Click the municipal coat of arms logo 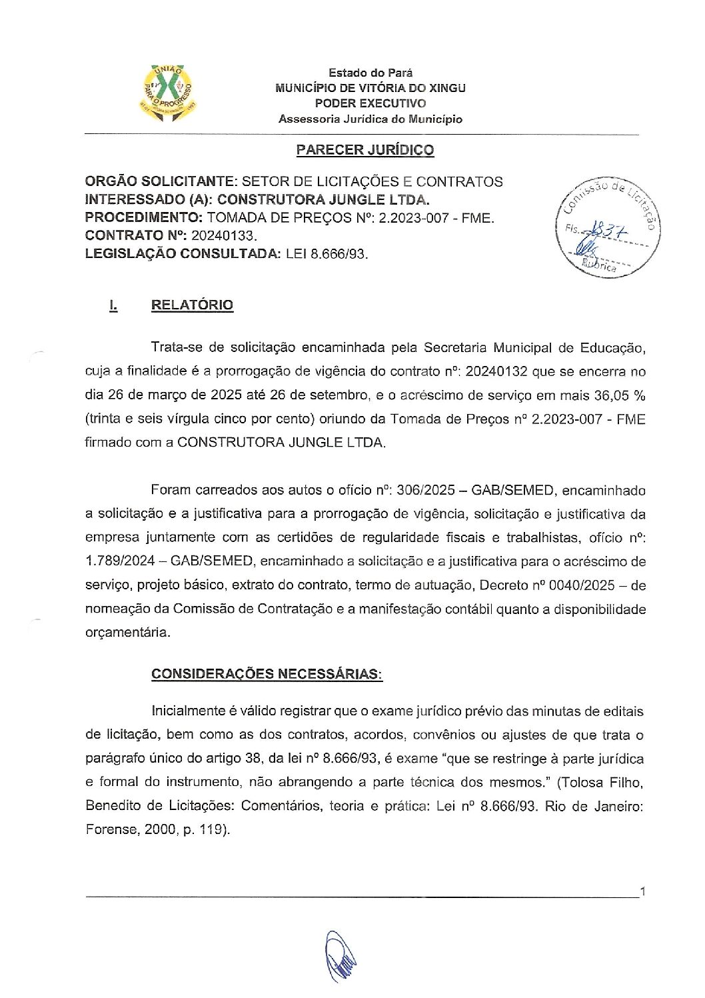tap(168, 95)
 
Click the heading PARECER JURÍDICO tap(364, 150)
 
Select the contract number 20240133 tap(223, 235)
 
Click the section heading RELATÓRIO tap(192, 305)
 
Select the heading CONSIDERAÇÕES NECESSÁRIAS tap(267, 674)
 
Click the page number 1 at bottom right tap(642, 891)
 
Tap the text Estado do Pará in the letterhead tap(370, 73)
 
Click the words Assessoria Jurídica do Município tap(370, 119)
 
